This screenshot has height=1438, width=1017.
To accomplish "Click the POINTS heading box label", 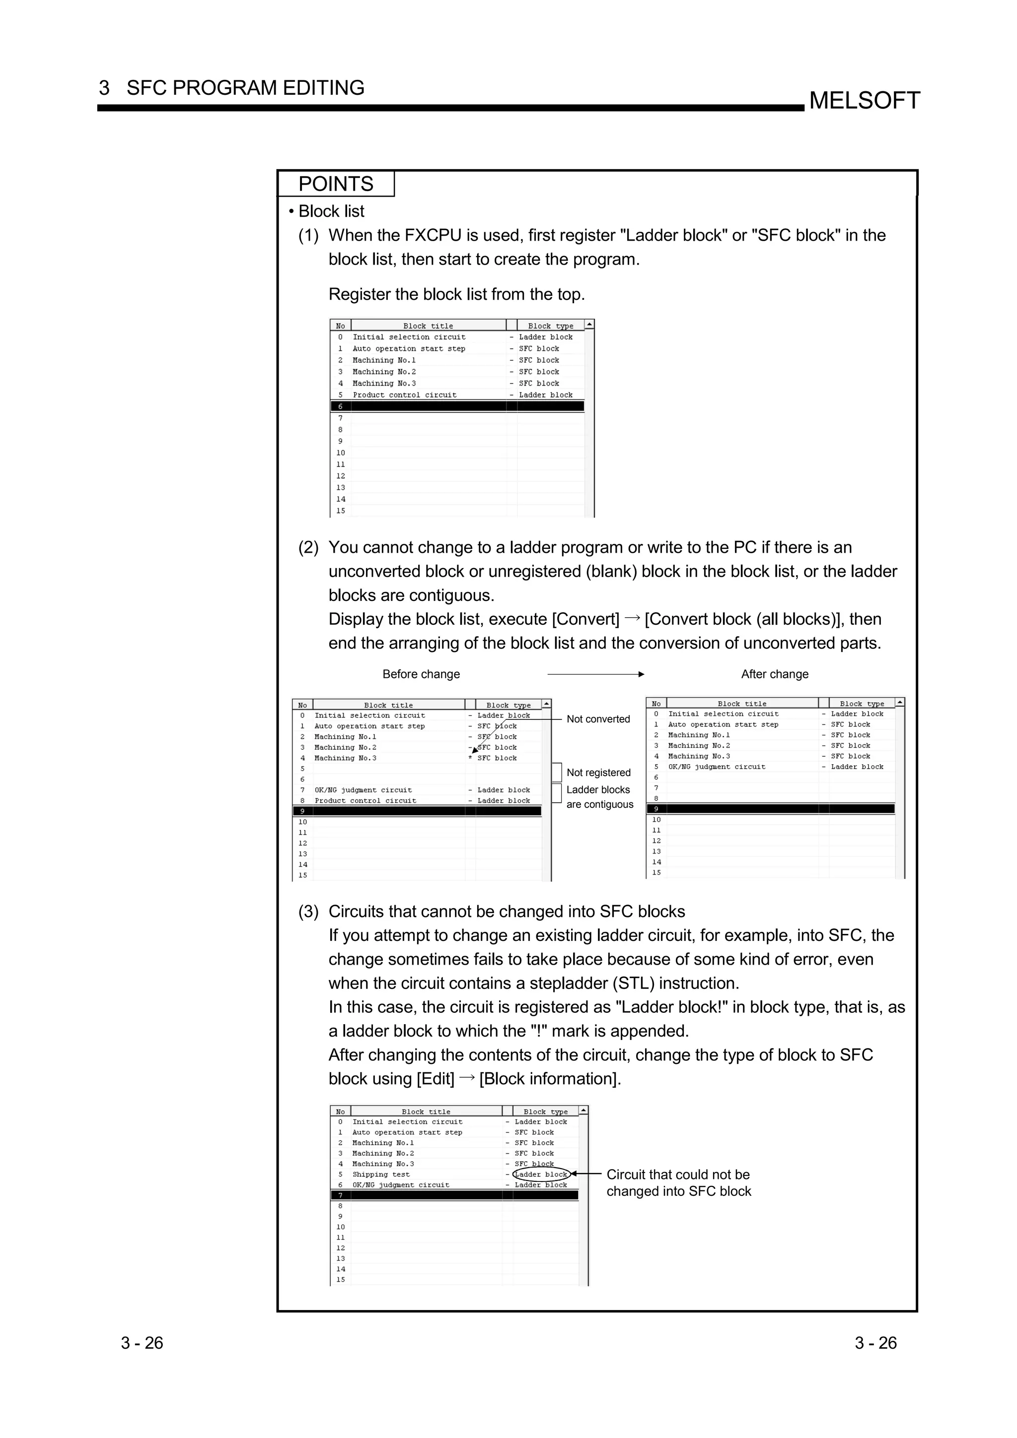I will click(x=336, y=184).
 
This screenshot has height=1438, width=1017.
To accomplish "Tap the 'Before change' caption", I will click(x=421, y=674).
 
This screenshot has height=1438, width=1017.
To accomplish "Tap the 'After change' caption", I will click(x=775, y=674).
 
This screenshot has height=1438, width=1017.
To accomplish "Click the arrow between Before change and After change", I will click(x=595, y=674).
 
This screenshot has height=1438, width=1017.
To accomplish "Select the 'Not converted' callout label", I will click(x=598, y=719).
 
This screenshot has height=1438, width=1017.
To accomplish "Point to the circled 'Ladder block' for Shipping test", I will click(x=541, y=1175).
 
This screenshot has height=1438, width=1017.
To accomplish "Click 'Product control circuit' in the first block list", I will click(x=404, y=395).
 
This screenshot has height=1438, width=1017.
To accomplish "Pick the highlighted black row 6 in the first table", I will click(x=457, y=406).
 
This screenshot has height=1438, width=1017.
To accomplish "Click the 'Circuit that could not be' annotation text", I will click(x=677, y=1175).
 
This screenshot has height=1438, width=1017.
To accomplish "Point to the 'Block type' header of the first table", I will click(x=550, y=326).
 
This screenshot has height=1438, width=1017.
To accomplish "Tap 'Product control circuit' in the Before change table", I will click(x=365, y=800).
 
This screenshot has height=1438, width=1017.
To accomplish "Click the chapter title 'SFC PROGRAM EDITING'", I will click(x=245, y=88).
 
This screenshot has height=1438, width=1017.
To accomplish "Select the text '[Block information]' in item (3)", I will click(x=550, y=1079).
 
